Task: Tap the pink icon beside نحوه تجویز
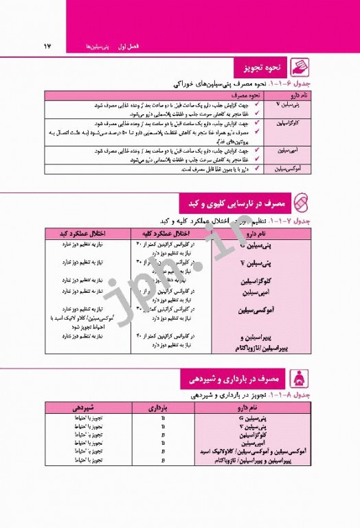[x=300, y=68]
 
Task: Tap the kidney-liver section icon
[x=300, y=203]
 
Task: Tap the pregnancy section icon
[x=300, y=379]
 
